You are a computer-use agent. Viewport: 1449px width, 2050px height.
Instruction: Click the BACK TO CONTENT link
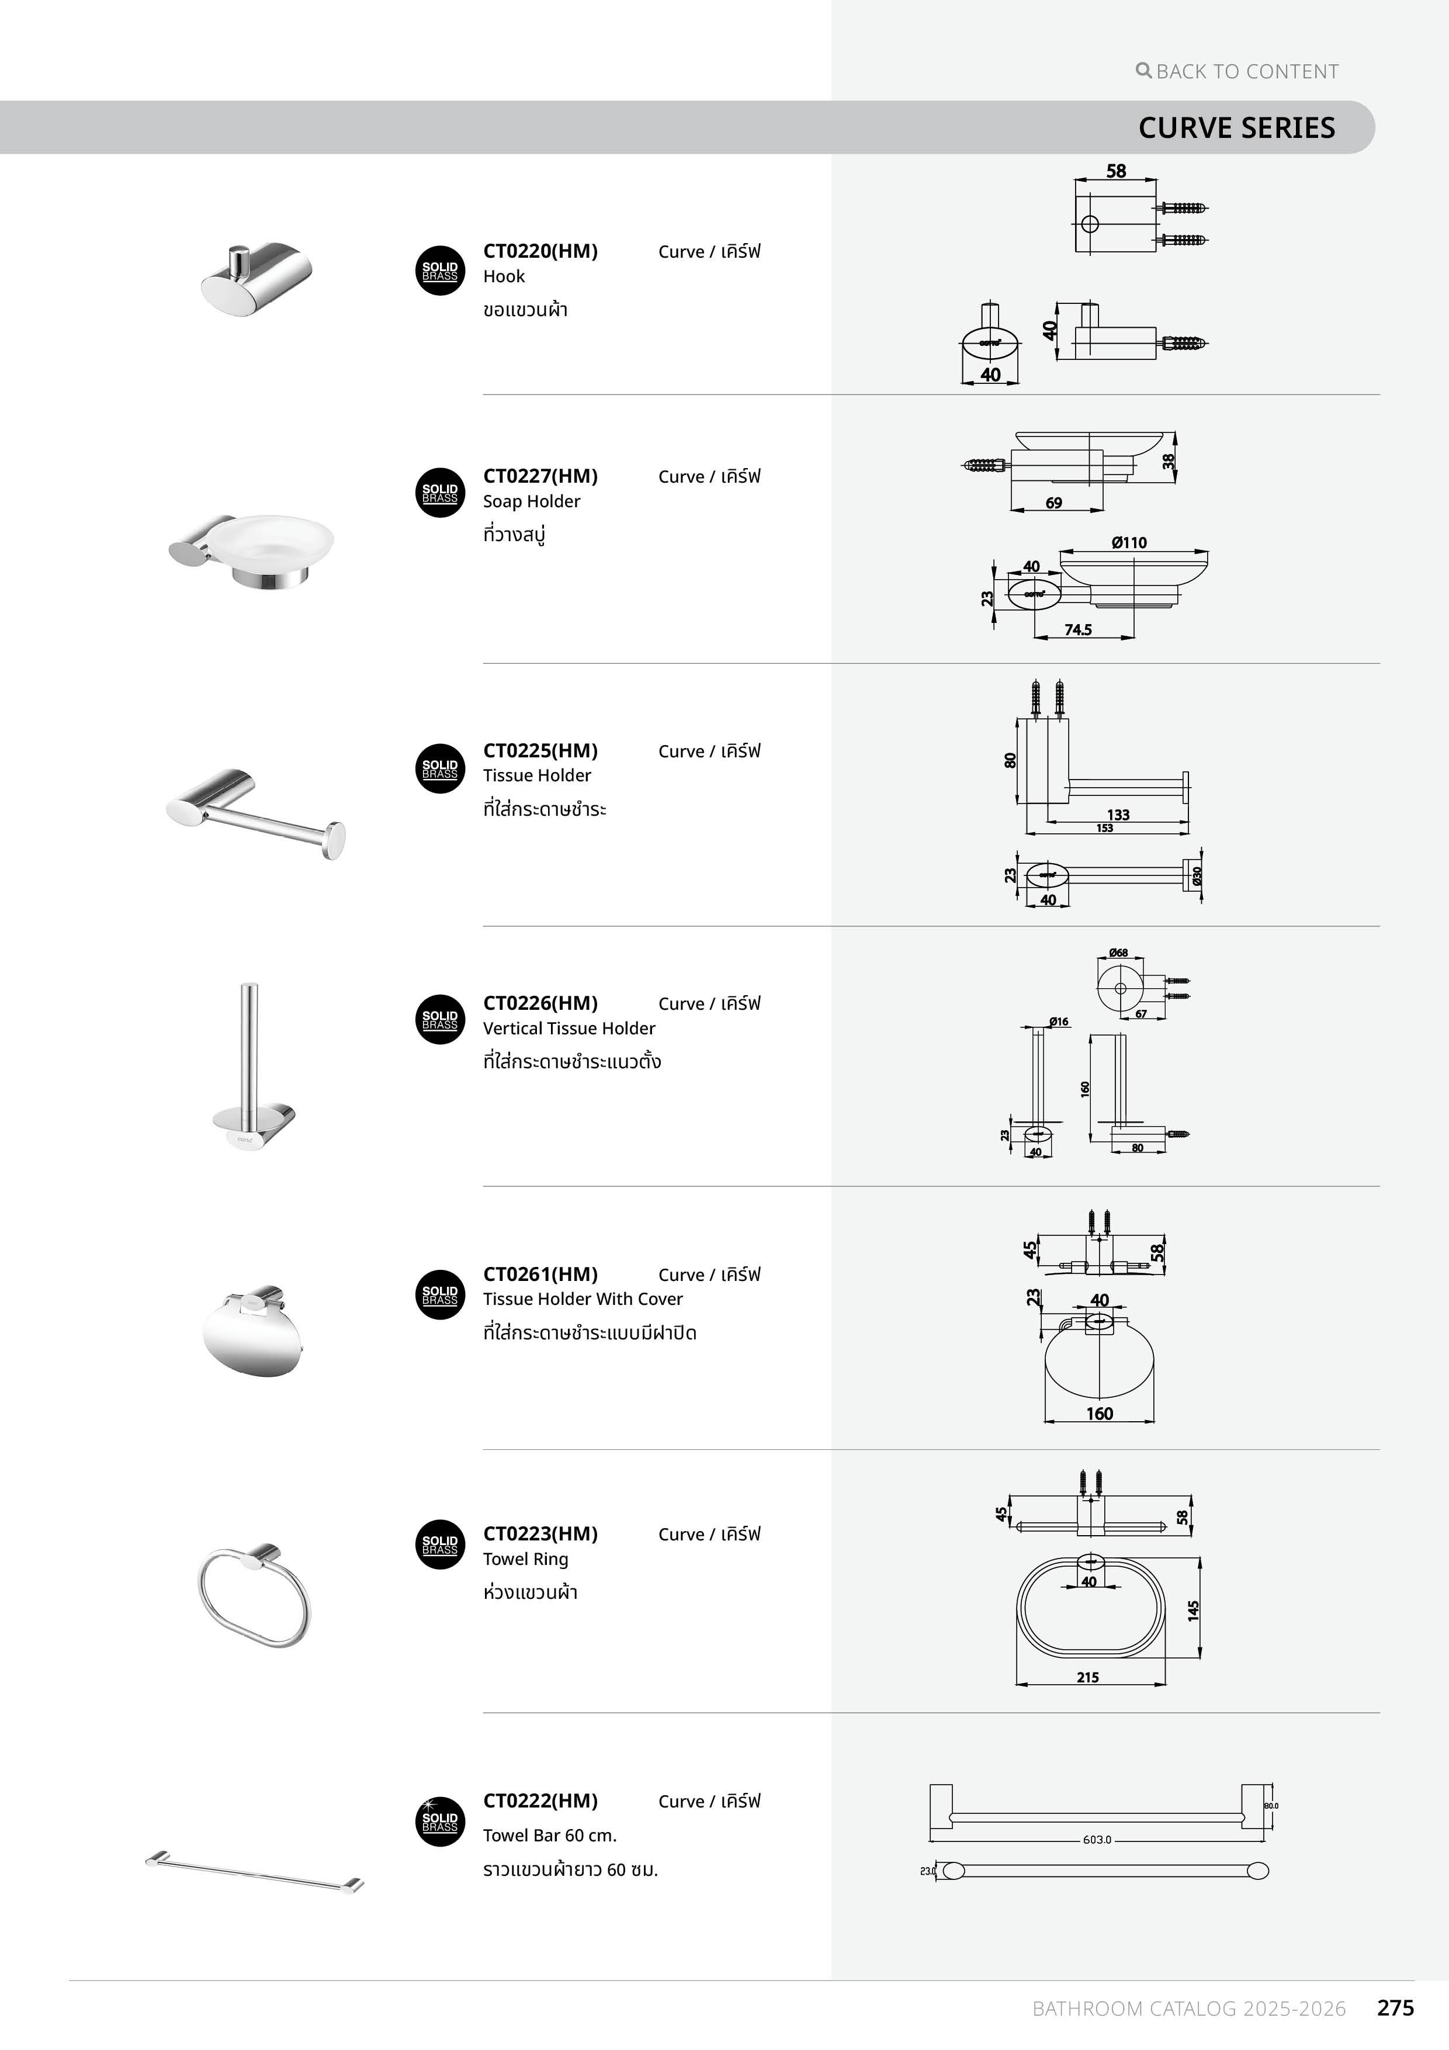(x=1238, y=71)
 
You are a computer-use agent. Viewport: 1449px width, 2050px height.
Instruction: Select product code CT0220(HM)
(x=540, y=251)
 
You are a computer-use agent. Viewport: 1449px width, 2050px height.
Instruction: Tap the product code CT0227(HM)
(x=540, y=476)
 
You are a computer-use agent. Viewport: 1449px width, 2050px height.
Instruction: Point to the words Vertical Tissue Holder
(x=568, y=1028)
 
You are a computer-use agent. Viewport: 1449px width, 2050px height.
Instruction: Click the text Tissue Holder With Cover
(x=582, y=1298)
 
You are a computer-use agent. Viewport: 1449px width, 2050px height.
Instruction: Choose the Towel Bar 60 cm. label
(x=549, y=1835)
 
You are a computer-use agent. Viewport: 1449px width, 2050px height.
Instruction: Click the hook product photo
(x=256, y=277)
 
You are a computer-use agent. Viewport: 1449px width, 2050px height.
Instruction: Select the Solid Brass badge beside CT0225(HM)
(x=440, y=769)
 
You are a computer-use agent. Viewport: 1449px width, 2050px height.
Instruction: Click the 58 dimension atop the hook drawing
(x=1116, y=171)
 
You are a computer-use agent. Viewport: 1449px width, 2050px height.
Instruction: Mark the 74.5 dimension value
(x=1077, y=629)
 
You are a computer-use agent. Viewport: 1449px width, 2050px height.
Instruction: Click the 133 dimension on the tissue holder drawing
(x=1118, y=814)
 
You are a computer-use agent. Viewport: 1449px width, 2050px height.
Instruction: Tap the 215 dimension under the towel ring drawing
(x=1087, y=1677)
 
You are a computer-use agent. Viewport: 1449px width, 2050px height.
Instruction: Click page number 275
(x=1395, y=2008)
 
